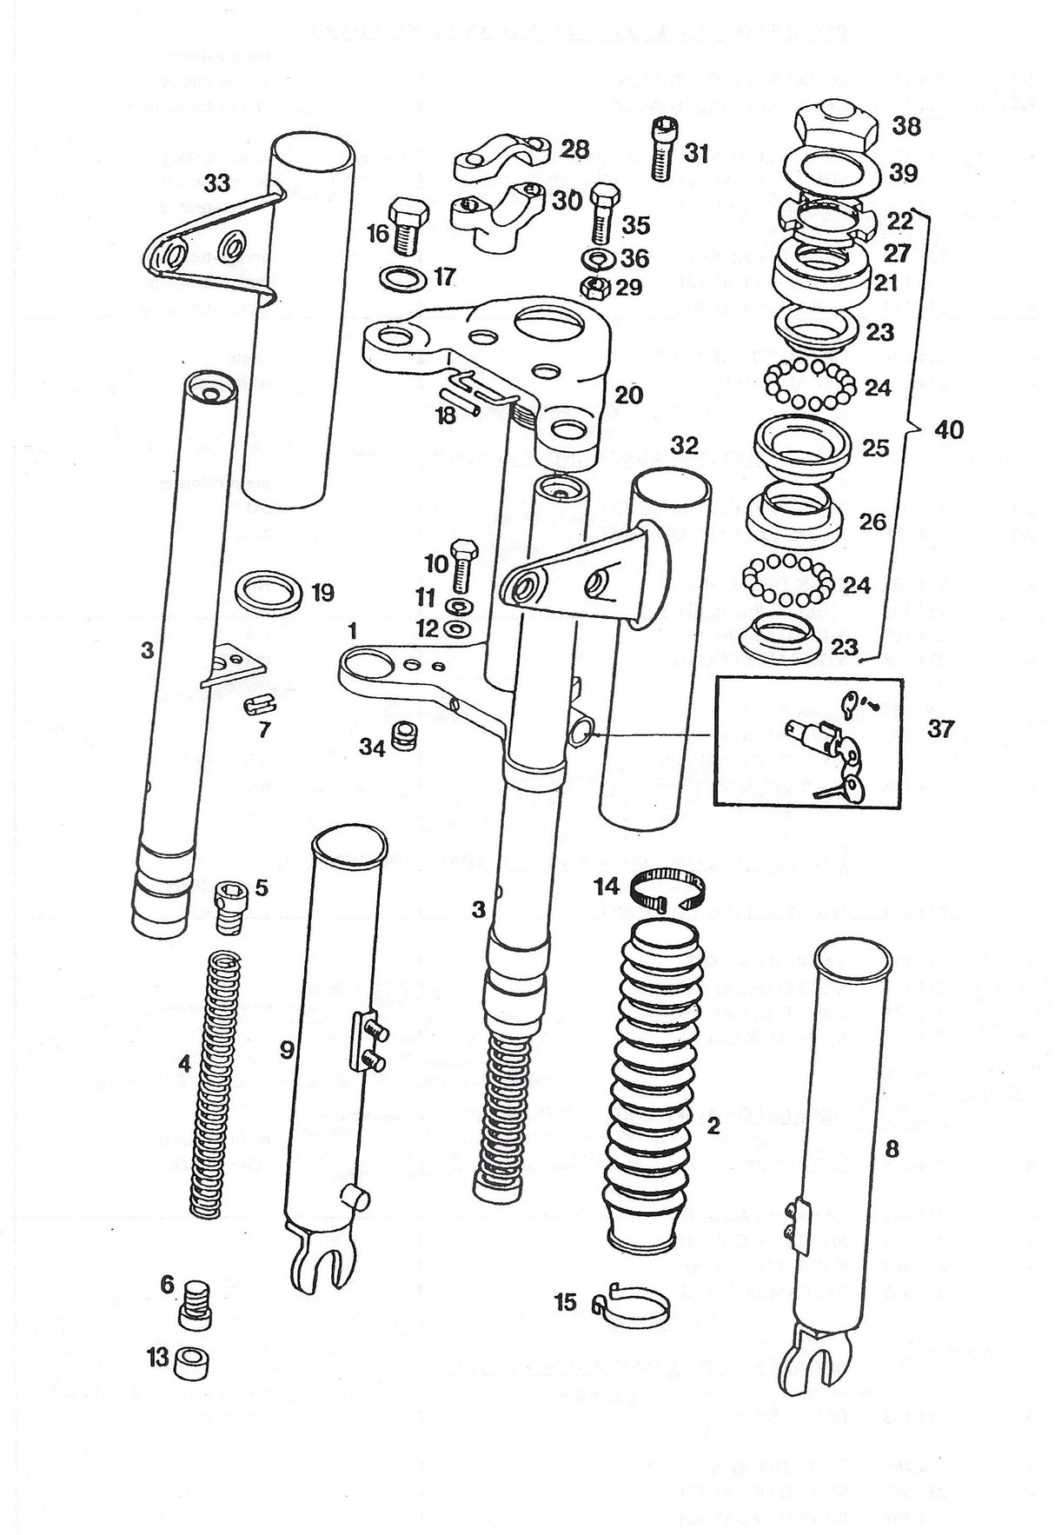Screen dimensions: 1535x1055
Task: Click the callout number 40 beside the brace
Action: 951,429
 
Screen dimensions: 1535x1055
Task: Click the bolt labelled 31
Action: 665,150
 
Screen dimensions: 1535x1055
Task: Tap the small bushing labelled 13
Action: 190,1359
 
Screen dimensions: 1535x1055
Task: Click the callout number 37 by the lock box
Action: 940,728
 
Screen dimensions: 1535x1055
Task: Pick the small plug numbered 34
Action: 401,735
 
